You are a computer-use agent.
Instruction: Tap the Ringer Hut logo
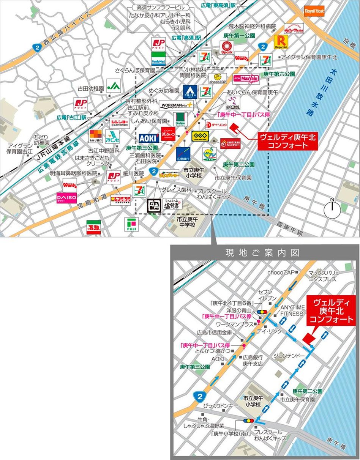[x=281, y=43]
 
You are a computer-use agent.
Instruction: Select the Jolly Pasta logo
[x=294, y=28]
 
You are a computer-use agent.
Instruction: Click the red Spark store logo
[x=227, y=49]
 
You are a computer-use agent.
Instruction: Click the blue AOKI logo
[x=148, y=138]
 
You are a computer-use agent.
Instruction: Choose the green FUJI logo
[x=131, y=225]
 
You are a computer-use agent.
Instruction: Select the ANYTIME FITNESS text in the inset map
[x=292, y=310]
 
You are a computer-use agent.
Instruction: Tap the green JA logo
[x=113, y=86]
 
